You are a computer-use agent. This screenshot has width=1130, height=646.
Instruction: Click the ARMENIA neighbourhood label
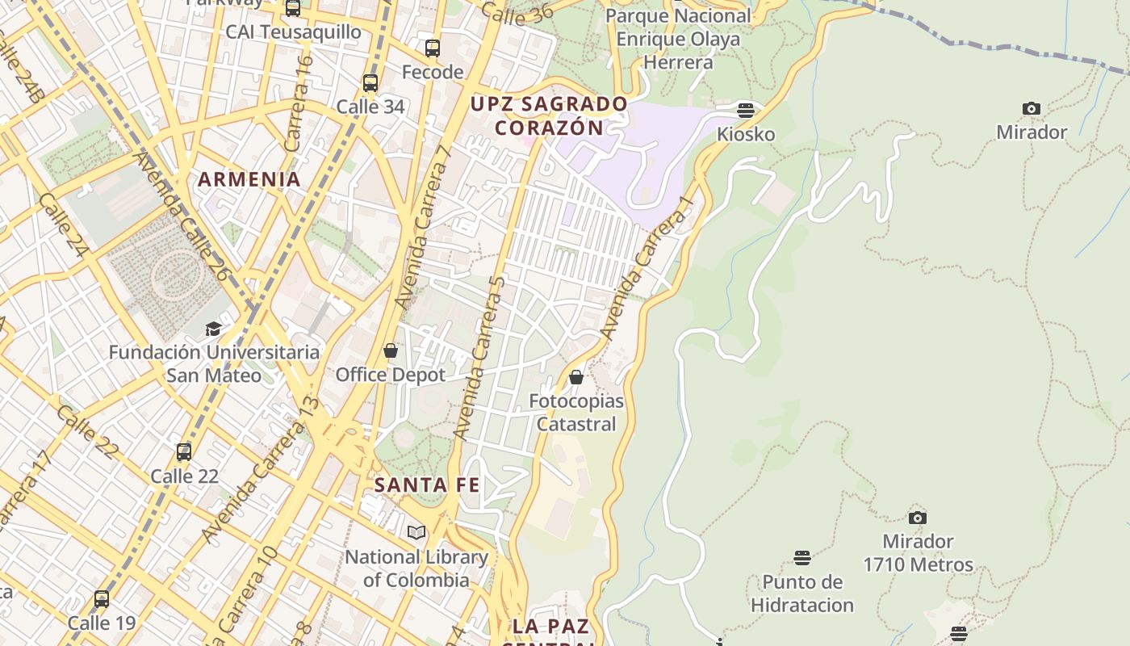[x=249, y=179]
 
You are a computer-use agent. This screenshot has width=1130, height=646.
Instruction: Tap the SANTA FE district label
[x=427, y=485]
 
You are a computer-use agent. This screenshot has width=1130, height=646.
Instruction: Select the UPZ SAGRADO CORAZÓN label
[x=549, y=115]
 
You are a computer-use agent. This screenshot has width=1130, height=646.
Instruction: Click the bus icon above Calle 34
[x=370, y=82]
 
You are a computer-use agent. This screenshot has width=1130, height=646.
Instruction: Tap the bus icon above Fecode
[x=433, y=48]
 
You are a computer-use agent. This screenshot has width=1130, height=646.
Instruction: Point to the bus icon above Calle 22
[x=184, y=451]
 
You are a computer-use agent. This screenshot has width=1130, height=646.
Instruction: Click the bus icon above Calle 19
[x=102, y=599]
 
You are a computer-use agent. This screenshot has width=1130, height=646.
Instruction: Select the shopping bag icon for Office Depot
[x=391, y=350]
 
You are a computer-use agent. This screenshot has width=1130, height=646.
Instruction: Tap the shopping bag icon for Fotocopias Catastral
[x=576, y=377]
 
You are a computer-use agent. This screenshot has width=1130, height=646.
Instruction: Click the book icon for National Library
[x=416, y=532]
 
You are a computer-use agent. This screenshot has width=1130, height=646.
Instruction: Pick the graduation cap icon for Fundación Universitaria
[x=213, y=329]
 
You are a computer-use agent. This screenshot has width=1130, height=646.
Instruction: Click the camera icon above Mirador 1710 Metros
[x=918, y=518]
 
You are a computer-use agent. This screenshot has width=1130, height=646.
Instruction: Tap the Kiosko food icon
[x=746, y=110]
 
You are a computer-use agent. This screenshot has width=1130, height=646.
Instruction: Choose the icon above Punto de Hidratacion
[x=801, y=557]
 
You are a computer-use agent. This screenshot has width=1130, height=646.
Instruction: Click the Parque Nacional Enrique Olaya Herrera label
[x=678, y=39]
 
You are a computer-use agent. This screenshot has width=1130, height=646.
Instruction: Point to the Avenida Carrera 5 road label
[x=479, y=357]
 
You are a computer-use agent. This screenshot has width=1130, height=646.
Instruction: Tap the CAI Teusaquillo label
[x=293, y=31]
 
